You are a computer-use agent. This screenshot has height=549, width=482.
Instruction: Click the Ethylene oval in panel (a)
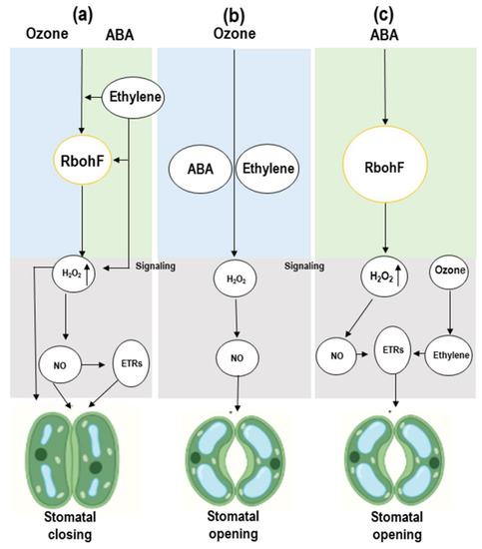(x=136, y=97)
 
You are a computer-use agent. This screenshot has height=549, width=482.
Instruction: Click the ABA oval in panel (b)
(x=198, y=168)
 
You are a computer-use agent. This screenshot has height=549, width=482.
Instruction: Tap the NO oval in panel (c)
(x=336, y=352)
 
